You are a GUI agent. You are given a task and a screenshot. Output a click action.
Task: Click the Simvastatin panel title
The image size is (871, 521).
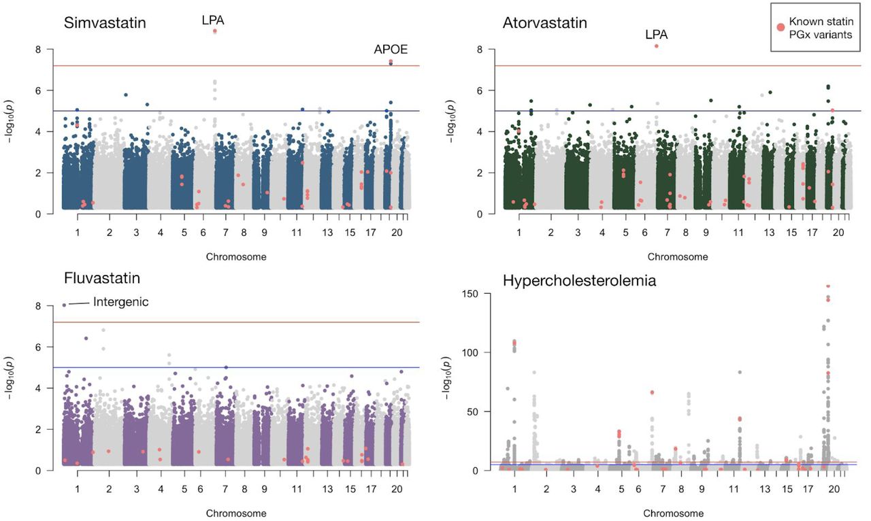click(x=105, y=23)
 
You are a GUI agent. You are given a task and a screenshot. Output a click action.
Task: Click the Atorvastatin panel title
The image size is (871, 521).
click(x=544, y=23)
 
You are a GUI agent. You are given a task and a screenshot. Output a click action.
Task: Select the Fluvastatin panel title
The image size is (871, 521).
click(x=102, y=279)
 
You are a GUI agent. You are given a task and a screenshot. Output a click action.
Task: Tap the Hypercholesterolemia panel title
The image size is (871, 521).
click(x=579, y=280)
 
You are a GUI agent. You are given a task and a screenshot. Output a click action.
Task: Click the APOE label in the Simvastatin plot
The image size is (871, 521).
click(x=391, y=49)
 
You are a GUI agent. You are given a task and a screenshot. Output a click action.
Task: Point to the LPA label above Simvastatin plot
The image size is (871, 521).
click(x=213, y=20)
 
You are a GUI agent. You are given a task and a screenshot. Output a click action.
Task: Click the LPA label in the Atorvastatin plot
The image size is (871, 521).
click(x=657, y=34)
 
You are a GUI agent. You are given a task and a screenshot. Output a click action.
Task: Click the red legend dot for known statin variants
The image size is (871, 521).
click(x=780, y=27)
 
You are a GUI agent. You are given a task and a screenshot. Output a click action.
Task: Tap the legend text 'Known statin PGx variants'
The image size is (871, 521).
click(x=825, y=28)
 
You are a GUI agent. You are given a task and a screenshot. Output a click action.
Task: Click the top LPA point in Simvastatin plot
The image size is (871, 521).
click(x=215, y=31)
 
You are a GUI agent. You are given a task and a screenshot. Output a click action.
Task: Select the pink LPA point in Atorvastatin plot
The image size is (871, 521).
click(x=657, y=46)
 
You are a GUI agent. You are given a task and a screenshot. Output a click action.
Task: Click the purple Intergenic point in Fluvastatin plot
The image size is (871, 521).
click(x=65, y=305)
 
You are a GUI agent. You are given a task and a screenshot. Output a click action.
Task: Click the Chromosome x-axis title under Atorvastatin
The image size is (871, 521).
click(x=677, y=257)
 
